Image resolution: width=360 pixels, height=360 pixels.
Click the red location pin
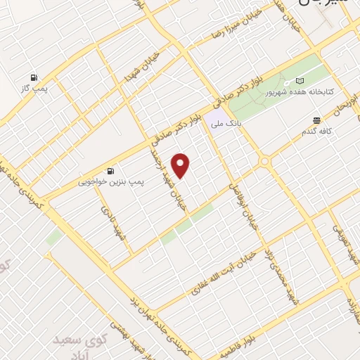tap(181, 165)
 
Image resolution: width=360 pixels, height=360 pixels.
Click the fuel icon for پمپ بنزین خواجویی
tap(110, 171)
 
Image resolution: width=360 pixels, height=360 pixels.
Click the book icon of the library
tap(300, 81)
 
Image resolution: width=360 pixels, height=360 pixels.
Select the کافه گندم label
tap(318, 131)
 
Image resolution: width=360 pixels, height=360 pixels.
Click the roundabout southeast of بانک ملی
tap(265, 162)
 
